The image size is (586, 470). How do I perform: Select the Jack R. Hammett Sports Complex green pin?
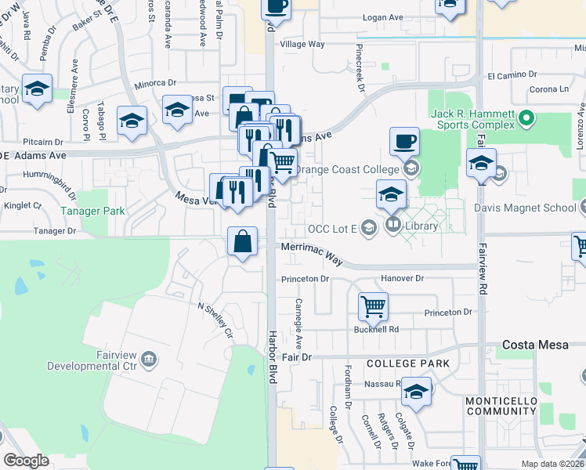(526, 120)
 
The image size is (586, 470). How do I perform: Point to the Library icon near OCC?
(393, 226)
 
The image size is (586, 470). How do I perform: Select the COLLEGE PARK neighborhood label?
(408, 363)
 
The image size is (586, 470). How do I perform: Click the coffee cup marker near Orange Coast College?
(404, 142)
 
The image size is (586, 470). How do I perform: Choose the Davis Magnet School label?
(525, 208)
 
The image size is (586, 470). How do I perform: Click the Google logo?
(26, 461)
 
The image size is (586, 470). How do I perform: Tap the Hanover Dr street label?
(402, 278)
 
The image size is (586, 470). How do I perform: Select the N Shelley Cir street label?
(215, 321)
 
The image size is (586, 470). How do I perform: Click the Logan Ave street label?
(382, 16)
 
